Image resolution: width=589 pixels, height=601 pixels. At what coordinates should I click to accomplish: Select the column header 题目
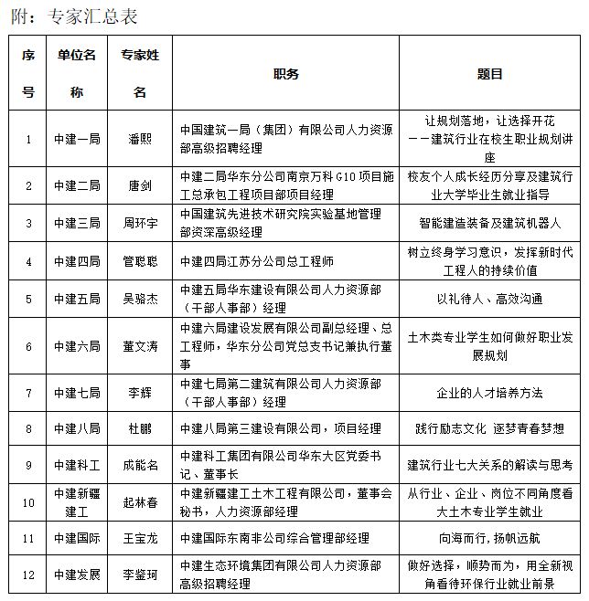click(x=490, y=74)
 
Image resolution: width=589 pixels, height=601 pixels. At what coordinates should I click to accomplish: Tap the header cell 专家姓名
click(x=140, y=74)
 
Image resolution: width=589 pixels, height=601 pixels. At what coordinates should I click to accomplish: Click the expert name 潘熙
click(x=140, y=139)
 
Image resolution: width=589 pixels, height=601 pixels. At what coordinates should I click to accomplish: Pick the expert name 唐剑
click(x=140, y=185)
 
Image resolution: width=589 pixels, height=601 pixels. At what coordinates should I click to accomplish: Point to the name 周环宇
click(x=140, y=223)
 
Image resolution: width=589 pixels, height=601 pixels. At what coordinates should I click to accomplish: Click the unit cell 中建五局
click(x=77, y=299)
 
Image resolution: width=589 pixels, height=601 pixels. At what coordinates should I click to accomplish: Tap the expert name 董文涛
click(x=140, y=346)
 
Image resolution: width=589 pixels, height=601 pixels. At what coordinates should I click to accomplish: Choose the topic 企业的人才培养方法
click(x=490, y=393)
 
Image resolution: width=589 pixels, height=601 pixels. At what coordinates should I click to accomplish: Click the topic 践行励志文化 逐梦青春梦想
click(x=490, y=428)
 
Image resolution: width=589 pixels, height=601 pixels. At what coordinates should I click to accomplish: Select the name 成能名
click(x=140, y=465)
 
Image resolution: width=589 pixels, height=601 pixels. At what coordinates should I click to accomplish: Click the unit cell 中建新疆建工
click(x=77, y=501)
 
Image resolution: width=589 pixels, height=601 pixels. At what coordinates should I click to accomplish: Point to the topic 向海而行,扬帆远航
click(x=490, y=540)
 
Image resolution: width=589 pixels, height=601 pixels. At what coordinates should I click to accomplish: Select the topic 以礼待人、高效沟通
click(x=490, y=299)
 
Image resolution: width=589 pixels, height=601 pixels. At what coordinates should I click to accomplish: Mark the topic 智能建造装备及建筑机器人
click(x=490, y=223)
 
